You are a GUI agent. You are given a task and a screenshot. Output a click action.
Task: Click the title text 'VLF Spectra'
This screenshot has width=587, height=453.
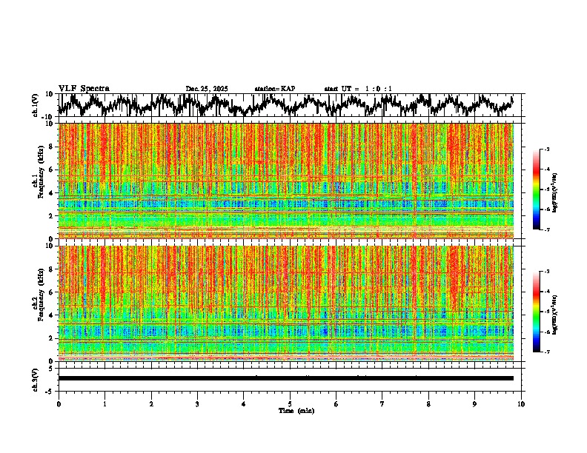pyautogui.click(x=84, y=89)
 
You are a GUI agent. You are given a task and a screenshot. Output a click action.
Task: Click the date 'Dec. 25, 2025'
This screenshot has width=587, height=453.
pyautogui.click(x=207, y=89)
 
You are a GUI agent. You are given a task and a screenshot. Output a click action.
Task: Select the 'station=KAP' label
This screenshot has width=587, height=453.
pyautogui.click(x=275, y=89)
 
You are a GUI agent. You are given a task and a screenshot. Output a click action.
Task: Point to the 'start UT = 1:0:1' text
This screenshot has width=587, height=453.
pyautogui.click(x=358, y=89)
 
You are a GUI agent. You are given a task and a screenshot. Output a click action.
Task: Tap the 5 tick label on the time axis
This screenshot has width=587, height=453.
pyautogui.click(x=290, y=404)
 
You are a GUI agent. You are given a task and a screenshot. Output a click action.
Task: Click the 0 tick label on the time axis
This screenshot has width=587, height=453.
pyautogui.click(x=59, y=404)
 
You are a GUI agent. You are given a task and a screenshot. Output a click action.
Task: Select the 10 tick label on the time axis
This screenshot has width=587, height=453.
pyautogui.click(x=521, y=404)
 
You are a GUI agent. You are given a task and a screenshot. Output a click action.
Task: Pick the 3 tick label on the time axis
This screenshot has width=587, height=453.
pyautogui.click(x=197, y=404)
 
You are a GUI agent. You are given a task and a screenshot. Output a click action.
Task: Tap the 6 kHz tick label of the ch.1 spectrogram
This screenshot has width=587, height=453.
pyautogui.click(x=50, y=170)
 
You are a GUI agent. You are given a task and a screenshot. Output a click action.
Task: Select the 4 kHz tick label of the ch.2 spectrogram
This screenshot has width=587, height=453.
pyautogui.click(x=50, y=315)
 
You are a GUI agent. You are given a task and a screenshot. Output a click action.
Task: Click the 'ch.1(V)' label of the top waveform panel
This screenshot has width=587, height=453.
pyautogui.click(x=36, y=105)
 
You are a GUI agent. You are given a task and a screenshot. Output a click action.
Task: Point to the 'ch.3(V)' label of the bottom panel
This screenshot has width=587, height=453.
pyautogui.click(x=36, y=378)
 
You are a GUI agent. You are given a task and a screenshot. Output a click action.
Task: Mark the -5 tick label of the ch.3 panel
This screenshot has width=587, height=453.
pyautogui.click(x=49, y=390)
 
